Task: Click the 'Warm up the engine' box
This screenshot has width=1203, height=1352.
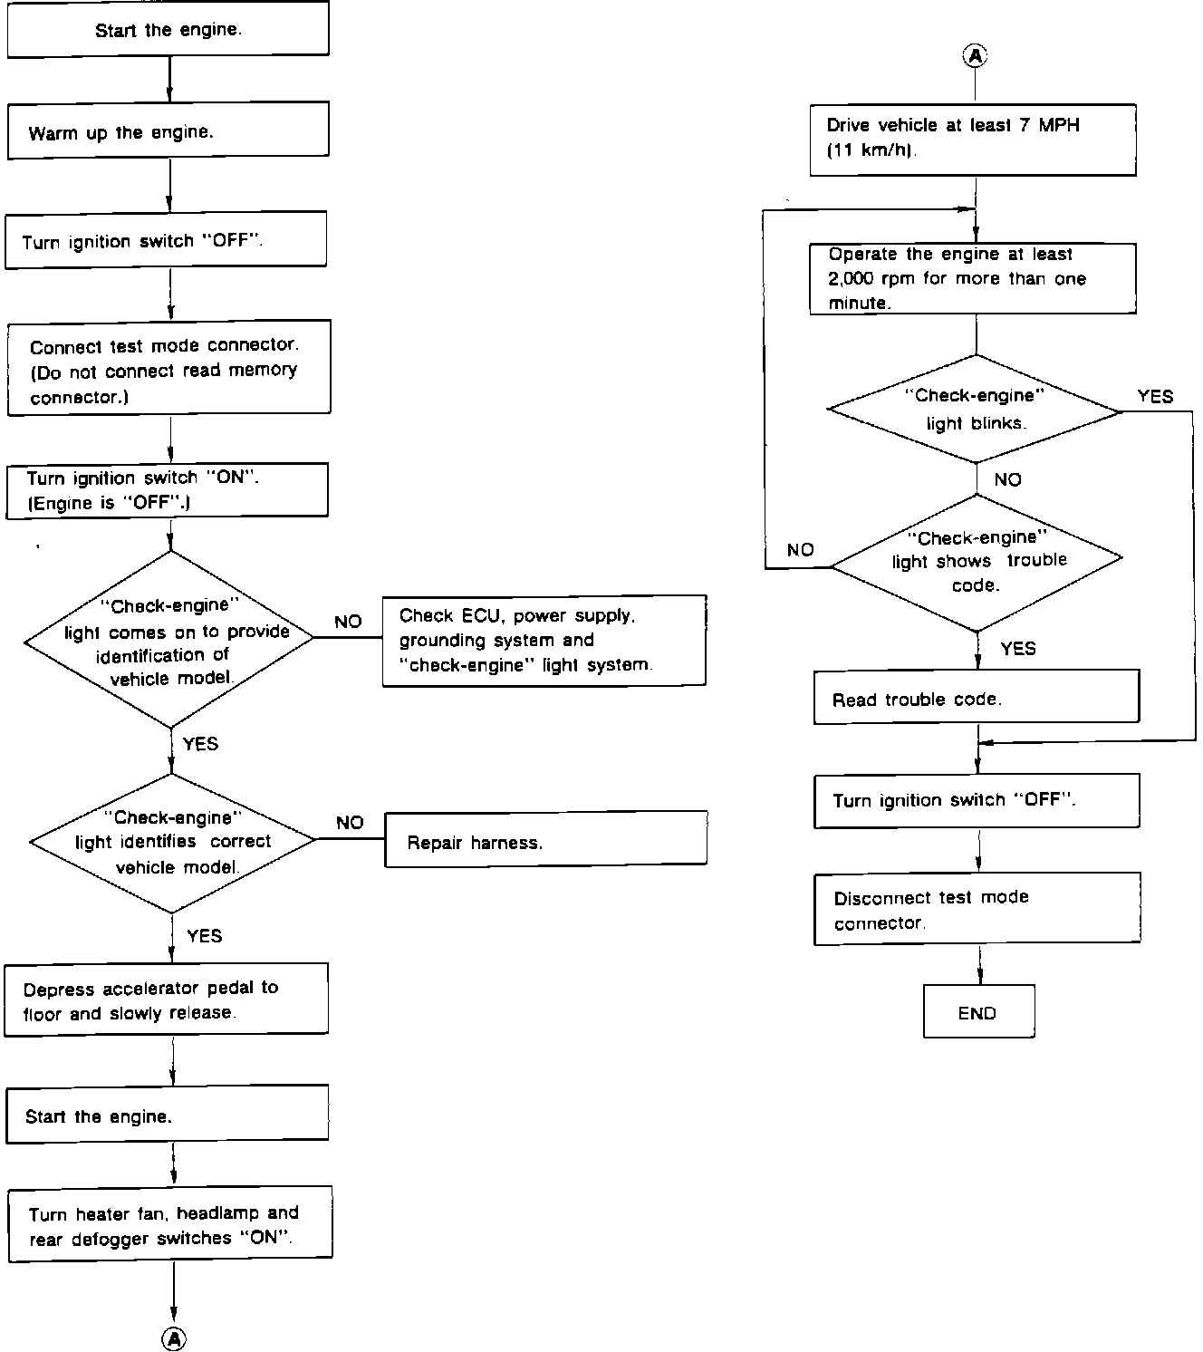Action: pyautogui.click(x=168, y=130)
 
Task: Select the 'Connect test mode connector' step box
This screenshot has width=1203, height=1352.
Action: pyautogui.click(x=168, y=368)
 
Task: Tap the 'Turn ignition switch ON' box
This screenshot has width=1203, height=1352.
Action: pyautogui.click(x=167, y=490)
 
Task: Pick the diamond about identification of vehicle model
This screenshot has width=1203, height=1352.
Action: pyautogui.click(x=169, y=639)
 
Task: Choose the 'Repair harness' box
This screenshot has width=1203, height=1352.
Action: pyautogui.click(x=545, y=839)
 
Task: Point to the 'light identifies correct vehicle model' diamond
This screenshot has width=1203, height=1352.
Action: pyautogui.click(x=172, y=842)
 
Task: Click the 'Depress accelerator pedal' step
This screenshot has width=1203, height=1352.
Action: pyautogui.click(x=166, y=999)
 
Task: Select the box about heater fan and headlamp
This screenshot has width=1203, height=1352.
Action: pyautogui.click(x=170, y=1224)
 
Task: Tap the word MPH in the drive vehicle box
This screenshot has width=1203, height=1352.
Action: pyautogui.click(x=1059, y=125)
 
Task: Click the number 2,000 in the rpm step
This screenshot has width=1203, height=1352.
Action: pyautogui.click(x=851, y=278)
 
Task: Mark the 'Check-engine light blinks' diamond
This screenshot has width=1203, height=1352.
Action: pyautogui.click(x=975, y=409)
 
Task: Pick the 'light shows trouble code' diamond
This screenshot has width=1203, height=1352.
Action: pyautogui.click(x=977, y=562)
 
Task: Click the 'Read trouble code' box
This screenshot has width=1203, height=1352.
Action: pyautogui.click(x=977, y=697)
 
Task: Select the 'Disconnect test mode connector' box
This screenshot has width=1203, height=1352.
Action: pyautogui.click(x=977, y=908)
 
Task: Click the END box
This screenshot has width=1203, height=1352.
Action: pyautogui.click(x=979, y=1011)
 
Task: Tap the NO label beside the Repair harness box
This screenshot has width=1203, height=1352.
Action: pyautogui.click(x=350, y=822)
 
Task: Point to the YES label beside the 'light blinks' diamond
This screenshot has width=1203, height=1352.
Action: pyautogui.click(x=1155, y=396)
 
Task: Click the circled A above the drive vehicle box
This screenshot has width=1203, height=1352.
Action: pyautogui.click(x=976, y=56)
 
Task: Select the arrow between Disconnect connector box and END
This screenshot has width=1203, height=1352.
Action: pyautogui.click(x=980, y=965)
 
